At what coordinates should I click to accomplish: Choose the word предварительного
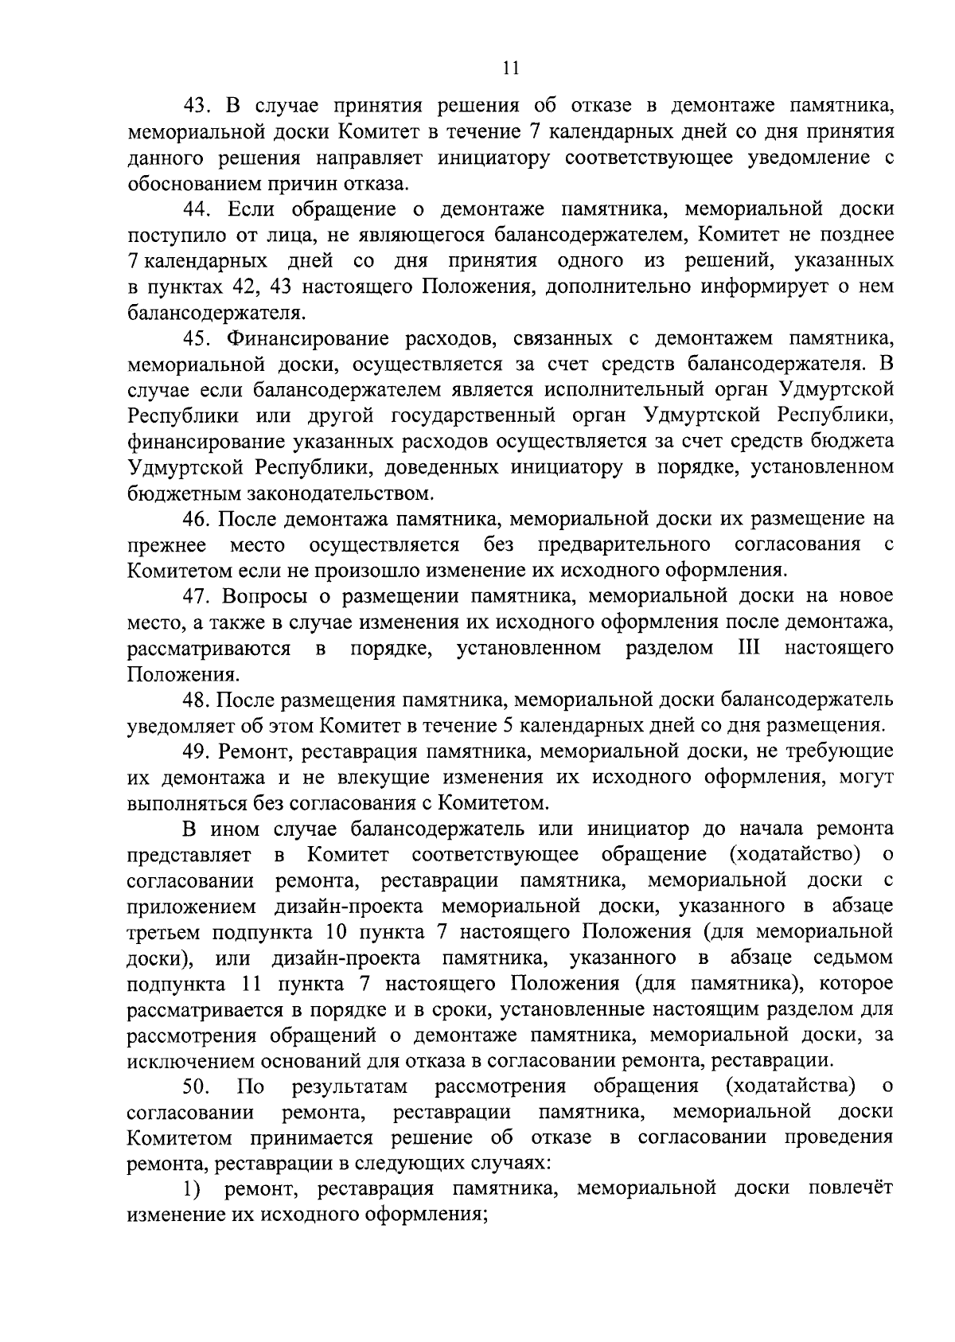pyautogui.click(x=624, y=544)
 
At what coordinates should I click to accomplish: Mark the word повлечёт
pyautogui.click(x=851, y=1188)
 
